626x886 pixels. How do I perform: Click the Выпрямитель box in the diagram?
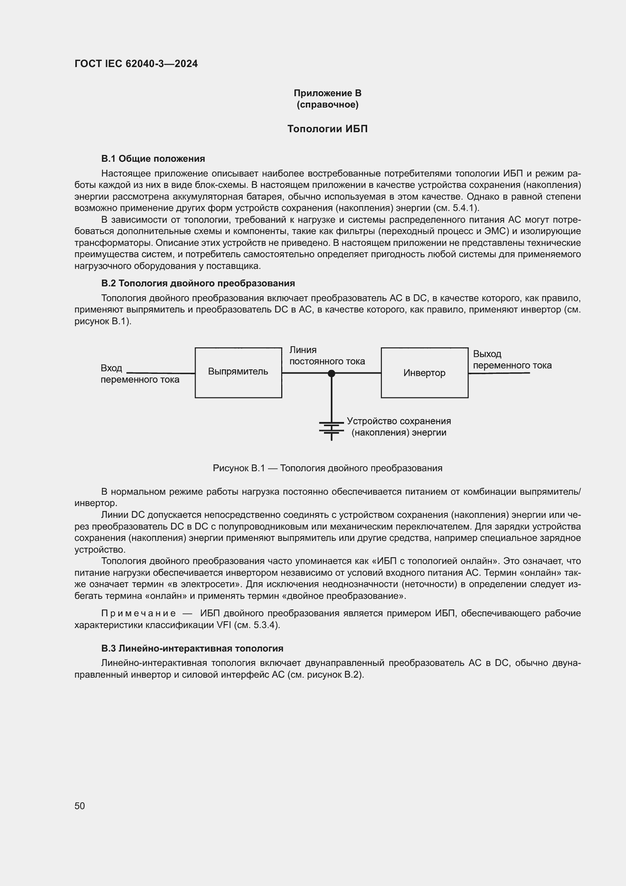coord(238,372)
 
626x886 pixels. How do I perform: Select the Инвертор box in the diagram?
coord(424,373)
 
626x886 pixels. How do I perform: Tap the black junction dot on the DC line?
coord(331,373)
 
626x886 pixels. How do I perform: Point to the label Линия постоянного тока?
coord(327,355)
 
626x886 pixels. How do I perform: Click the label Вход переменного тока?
coord(140,373)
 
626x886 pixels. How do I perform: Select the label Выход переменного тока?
coord(512,359)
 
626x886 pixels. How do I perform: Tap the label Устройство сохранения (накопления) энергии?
coord(399,427)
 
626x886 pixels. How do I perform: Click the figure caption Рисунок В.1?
coord(327,468)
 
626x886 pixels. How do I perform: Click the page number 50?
coord(80,806)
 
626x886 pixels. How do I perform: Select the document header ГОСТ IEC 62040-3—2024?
coord(136,64)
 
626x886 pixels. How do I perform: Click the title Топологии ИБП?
coord(327,129)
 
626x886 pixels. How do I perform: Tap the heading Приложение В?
coord(327,93)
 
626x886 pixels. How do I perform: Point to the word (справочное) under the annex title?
coord(327,105)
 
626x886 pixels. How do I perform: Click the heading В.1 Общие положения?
coord(153,159)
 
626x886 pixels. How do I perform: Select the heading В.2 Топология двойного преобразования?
coord(198,283)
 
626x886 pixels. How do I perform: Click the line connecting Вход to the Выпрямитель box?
coord(161,373)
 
